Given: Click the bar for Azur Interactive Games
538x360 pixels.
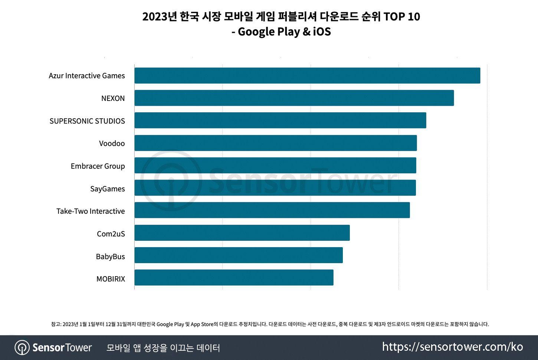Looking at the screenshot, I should coord(307,76).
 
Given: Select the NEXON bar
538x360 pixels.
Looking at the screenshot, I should coord(294,98).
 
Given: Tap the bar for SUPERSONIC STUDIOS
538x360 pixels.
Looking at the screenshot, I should coord(280,121).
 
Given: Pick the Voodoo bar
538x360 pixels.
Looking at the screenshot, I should coord(275,143).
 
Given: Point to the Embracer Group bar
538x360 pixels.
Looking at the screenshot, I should coord(275,166).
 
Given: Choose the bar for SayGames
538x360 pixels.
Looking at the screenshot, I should coord(275,188).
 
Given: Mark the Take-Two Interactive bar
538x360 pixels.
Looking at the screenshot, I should coord(272,210).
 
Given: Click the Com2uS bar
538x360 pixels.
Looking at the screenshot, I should coord(242,233).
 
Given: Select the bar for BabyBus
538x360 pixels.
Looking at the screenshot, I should coord(239,255).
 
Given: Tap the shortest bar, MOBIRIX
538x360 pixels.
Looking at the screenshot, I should coord(234,278).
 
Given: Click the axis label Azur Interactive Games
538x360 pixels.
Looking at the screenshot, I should coord(87,76).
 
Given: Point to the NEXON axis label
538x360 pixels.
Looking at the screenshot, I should coord(113,98).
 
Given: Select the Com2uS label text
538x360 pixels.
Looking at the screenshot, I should coord(111,234).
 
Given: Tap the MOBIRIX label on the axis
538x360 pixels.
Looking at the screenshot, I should coord(111,279).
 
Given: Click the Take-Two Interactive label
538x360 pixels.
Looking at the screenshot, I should coord(91,211).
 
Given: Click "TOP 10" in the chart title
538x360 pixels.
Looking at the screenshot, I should coord(401,17).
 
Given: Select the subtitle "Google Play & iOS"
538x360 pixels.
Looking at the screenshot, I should coord(284,32).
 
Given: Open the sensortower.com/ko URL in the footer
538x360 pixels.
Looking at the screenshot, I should coord(452,347).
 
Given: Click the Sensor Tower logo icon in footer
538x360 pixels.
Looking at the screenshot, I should coord(22,348).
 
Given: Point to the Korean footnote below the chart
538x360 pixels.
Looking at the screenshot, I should coord(270,324).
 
